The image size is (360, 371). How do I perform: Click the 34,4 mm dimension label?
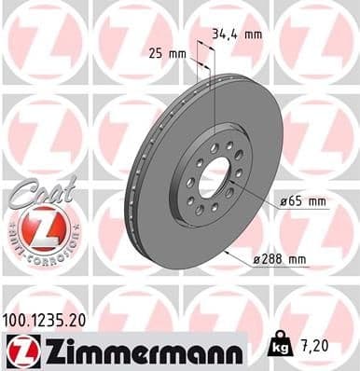[237, 34]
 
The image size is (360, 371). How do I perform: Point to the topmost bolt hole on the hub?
[215, 147]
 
